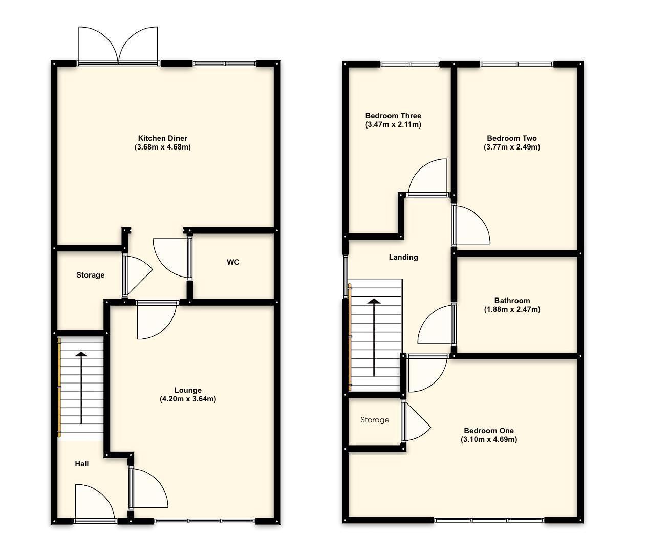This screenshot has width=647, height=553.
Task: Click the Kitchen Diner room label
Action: click(162, 138)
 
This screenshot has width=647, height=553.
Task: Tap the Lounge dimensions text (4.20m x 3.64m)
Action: click(187, 399)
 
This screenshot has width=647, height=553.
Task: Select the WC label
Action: click(233, 262)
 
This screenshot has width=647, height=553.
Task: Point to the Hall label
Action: click(82, 464)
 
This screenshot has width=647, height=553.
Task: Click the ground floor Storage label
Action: click(91, 275)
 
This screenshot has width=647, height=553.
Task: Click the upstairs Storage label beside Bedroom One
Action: click(375, 420)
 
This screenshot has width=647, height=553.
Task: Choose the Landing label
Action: click(403, 257)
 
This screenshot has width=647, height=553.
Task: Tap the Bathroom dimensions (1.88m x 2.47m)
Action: click(512, 309)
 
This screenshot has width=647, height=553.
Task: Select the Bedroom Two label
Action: click(512, 138)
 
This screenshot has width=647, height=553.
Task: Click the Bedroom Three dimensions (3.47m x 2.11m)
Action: click(393, 124)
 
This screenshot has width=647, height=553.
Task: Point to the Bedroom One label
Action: click(489, 431)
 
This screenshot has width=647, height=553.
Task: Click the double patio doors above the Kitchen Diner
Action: click(118, 45)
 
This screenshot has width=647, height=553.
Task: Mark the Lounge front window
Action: click(205, 521)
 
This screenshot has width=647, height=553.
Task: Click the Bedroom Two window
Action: click(517, 64)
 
